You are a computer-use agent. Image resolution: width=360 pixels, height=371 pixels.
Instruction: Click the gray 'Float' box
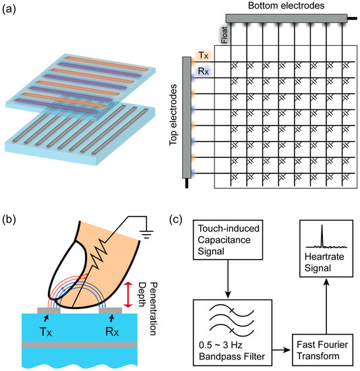[225, 33]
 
